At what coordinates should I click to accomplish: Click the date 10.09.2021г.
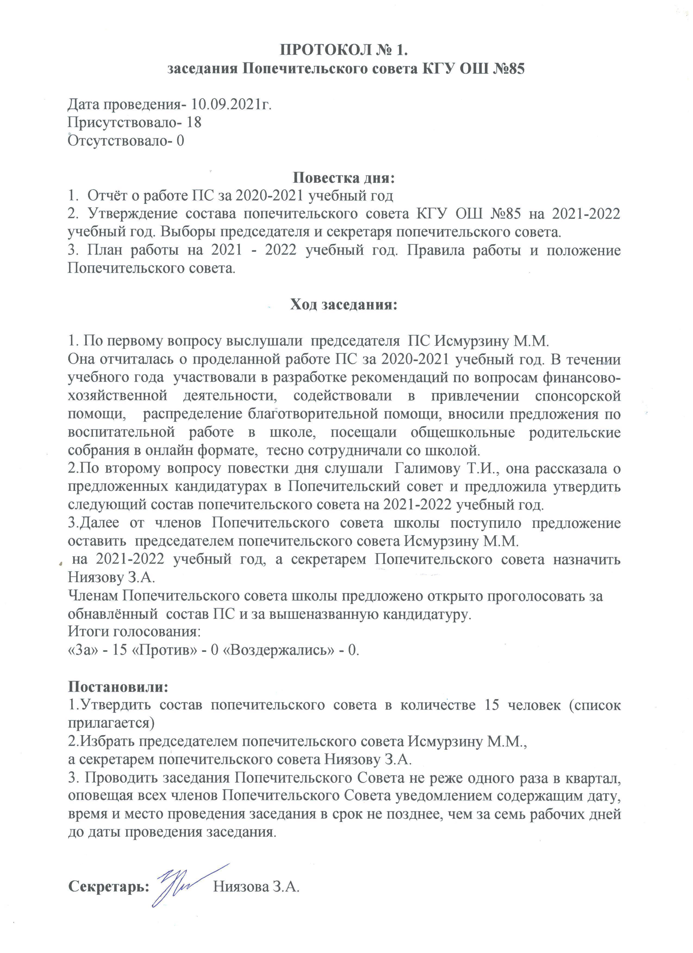point(232,104)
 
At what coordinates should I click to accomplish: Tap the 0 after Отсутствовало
point(180,140)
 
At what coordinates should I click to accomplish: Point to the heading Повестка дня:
point(344,177)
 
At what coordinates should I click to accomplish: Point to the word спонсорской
point(578,396)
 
